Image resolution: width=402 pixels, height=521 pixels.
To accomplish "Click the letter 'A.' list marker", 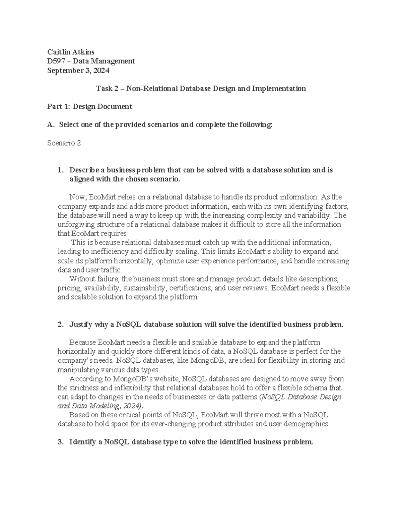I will pos(50,125).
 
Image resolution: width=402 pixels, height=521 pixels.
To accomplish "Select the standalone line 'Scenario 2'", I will pos(64,143).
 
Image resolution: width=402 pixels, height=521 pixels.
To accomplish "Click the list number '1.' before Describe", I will pos(60,170).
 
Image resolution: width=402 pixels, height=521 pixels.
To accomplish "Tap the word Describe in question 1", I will pos(83,170).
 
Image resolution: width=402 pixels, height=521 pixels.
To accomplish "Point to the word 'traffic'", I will pos(113,270).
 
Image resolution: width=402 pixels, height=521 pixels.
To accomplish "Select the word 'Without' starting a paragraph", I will pos(81,279).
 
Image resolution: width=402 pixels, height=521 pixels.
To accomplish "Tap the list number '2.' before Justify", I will pos(60,324).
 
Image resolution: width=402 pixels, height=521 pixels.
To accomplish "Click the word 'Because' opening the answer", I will pos(82,343).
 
